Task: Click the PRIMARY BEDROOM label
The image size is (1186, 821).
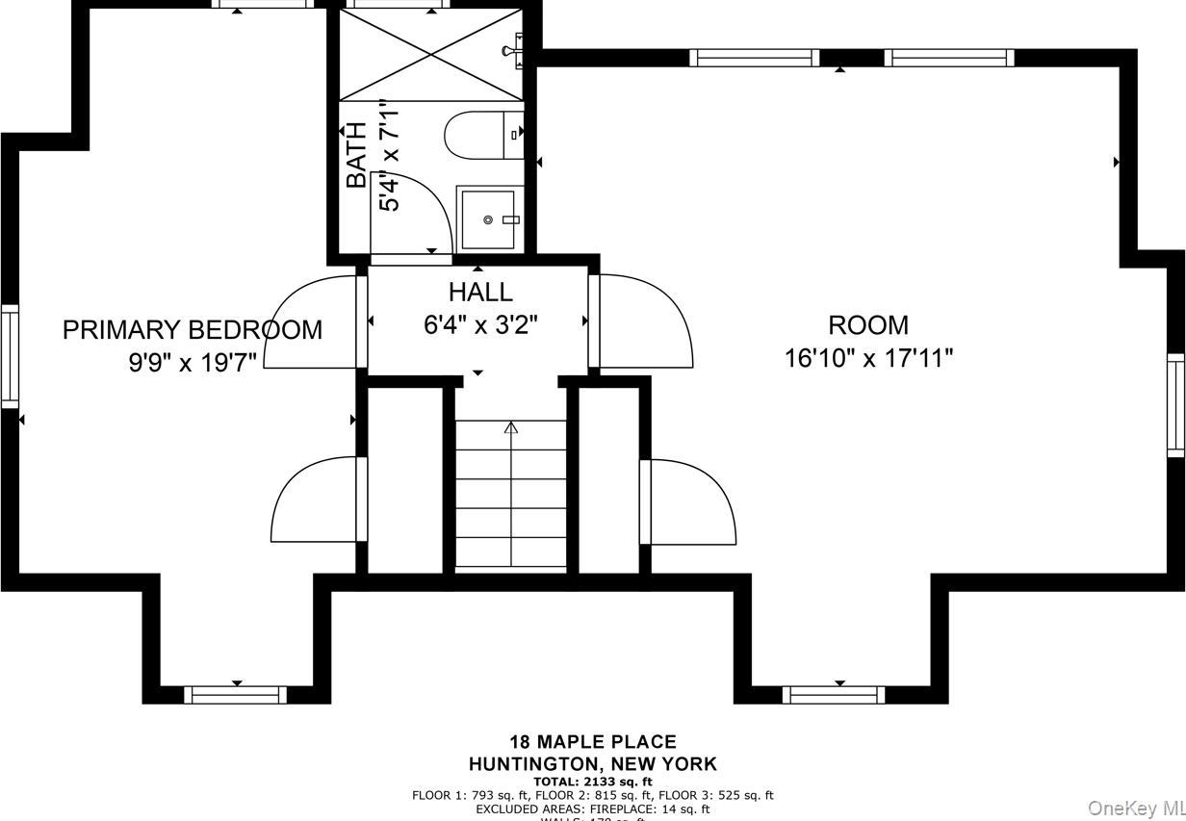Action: (x=193, y=330)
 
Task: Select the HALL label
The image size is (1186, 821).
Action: (x=480, y=292)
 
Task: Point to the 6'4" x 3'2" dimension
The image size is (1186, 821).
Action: (x=480, y=324)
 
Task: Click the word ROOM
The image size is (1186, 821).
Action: (x=868, y=325)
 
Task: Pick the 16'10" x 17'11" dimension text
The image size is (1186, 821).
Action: (x=868, y=358)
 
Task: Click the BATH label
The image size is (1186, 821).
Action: (x=356, y=154)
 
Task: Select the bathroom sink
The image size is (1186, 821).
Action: (x=489, y=219)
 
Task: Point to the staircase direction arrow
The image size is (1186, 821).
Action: (x=511, y=427)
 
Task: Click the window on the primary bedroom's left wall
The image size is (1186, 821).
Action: (x=10, y=356)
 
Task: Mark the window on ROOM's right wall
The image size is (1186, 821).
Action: (x=1175, y=404)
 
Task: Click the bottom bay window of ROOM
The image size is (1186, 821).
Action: (x=834, y=694)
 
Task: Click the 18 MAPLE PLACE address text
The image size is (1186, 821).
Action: (x=592, y=742)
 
